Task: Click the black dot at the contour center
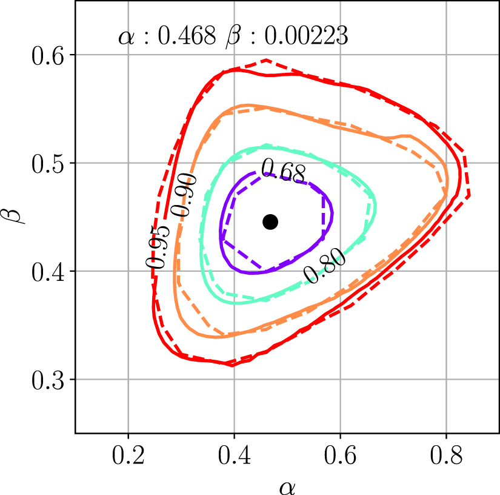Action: [270, 222]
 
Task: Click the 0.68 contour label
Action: [283, 172]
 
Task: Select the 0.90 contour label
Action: [183, 195]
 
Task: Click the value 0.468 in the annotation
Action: [187, 37]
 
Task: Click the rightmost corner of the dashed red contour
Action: [470, 195]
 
